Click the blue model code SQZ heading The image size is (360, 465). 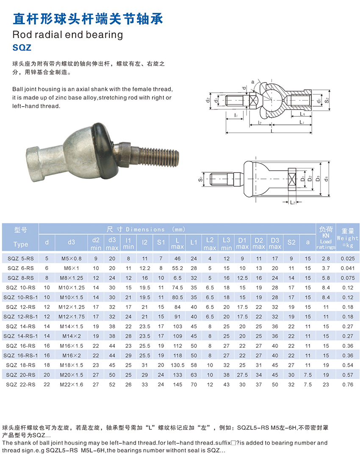[x=22, y=47]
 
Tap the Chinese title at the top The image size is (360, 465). [x=88, y=19]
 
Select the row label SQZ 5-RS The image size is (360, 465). [x=20, y=259]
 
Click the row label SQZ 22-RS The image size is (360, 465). [x=20, y=385]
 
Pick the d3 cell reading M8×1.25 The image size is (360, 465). [x=71, y=278]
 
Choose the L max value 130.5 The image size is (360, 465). [x=177, y=366]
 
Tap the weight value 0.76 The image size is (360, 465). [x=348, y=385]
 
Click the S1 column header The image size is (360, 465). [x=161, y=242]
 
